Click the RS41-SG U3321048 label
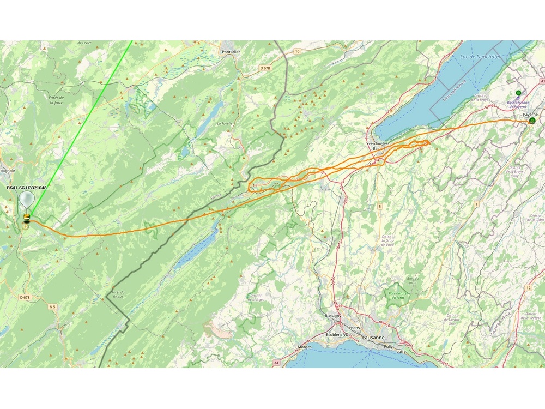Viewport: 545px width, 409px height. click(26, 188)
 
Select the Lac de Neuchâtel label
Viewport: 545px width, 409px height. click(480, 57)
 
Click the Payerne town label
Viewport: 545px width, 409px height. click(530, 115)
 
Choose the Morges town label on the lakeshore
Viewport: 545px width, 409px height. click(305, 347)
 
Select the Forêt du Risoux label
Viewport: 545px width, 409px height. click(119, 294)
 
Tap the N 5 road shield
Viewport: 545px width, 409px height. click(52, 308)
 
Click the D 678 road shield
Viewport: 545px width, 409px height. click(25, 297)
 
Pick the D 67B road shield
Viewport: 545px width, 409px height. click(265, 68)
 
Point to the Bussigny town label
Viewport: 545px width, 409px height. click(332, 316)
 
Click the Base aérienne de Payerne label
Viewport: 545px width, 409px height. click(518, 104)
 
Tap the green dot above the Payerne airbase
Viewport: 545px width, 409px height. click(518, 93)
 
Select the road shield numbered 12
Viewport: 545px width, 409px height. click(528, 287)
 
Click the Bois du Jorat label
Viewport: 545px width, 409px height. click(413, 280)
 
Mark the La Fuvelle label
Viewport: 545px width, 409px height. click(225, 123)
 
